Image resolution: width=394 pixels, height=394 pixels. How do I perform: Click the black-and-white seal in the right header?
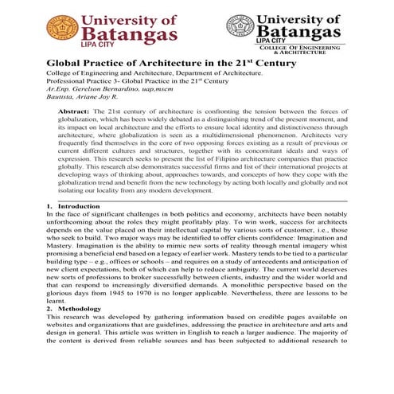241,27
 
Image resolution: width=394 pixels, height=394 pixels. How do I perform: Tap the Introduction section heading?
72,205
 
